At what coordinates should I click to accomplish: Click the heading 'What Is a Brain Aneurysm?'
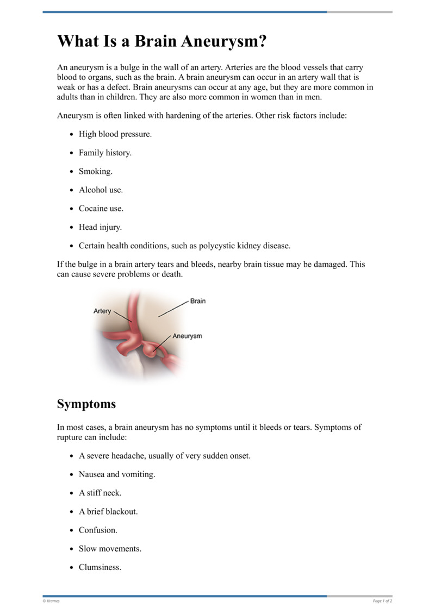pos(162,41)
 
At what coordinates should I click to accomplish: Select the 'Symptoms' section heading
pos(86,404)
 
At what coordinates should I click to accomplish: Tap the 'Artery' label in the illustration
pos(102,311)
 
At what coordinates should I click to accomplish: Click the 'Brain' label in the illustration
pos(198,301)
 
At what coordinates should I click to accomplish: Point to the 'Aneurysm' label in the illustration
pos(187,336)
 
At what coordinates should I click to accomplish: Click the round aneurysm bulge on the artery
pos(153,351)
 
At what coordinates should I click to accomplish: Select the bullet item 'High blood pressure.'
pos(115,134)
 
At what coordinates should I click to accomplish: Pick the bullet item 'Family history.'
pos(105,153)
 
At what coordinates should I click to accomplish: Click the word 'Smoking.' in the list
pos(96,171)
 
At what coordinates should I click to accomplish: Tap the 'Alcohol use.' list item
pos(101,190)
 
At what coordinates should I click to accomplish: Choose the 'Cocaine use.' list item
pos(101,208)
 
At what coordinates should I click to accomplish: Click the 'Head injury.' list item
pos(100,227)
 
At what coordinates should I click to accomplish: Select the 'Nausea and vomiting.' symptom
pos(117,474)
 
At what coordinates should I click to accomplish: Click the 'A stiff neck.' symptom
pos(100,493)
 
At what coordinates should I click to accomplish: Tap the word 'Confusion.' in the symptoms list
pos(98,530)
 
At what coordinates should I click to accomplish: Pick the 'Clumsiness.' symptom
pos(100,567)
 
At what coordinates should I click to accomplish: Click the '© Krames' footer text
pos(52,601)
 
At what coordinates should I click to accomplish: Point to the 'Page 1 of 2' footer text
pos(382,601)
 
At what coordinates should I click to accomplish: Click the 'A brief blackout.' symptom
pos(108,511)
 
